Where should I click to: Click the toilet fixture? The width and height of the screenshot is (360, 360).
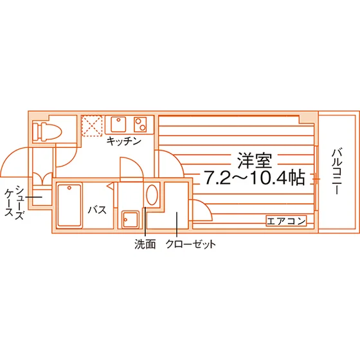point(47,131)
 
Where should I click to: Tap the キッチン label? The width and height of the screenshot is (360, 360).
point(123,141)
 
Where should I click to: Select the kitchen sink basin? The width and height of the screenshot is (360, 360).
point(118,124)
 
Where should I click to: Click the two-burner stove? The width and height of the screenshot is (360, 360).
point(140,124)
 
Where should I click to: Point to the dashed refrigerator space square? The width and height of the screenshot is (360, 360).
point(92,125)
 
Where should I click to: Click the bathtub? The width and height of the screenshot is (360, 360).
point(69,206)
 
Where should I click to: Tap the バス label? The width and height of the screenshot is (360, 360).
point(97,210)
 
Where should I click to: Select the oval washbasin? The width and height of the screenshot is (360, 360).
point(152,195)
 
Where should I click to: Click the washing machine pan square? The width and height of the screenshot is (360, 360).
point(130,219)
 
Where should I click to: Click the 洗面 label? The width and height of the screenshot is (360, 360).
point(145,244)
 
